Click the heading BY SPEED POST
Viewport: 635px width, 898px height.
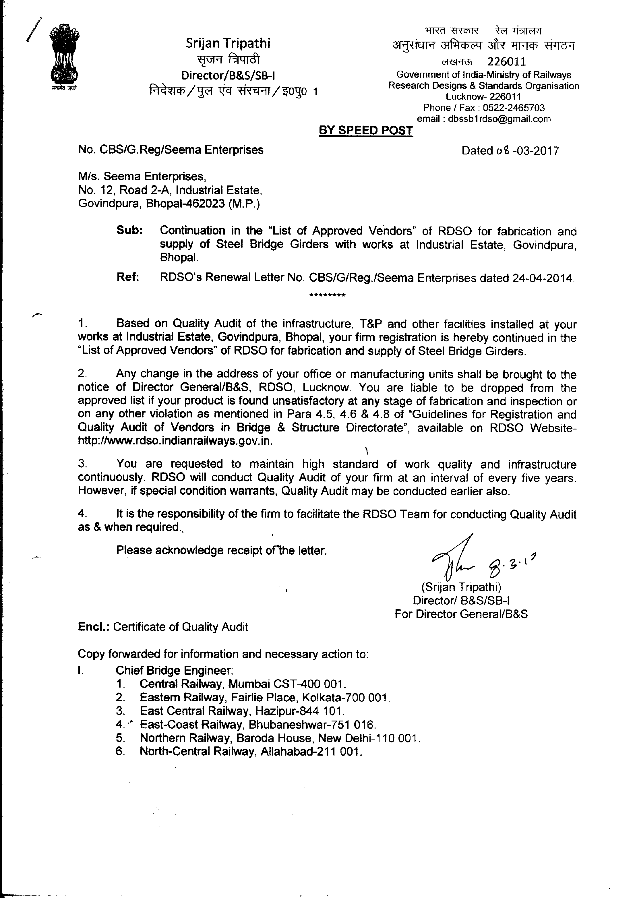pos(366,131)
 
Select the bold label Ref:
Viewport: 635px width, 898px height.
pos(128,277)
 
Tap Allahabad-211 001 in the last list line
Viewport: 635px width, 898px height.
pos(311,751)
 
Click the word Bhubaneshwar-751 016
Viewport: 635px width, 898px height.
pos(312,724)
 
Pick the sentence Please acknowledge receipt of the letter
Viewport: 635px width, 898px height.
pos(221,551)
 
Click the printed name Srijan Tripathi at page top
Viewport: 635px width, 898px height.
pos(228,43)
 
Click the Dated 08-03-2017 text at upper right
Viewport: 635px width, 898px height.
pos(510,151)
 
